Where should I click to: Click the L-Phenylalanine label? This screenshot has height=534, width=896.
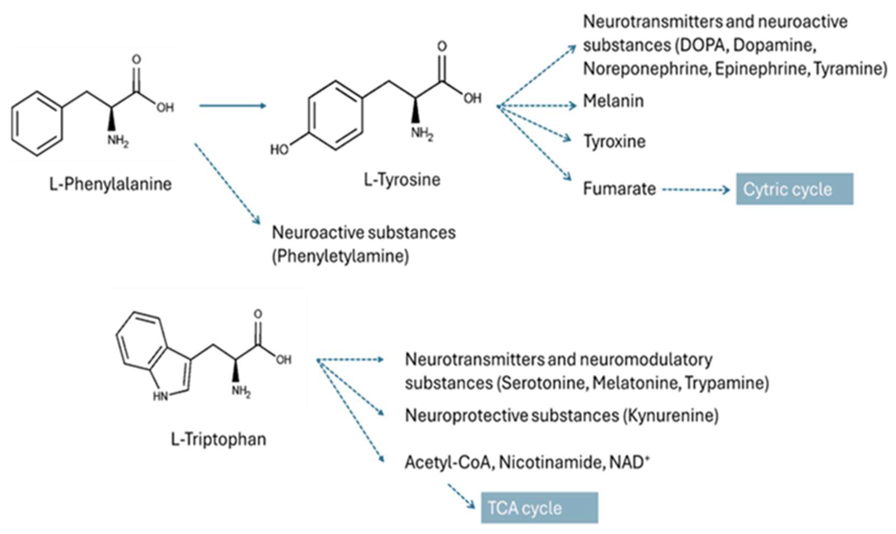[111, 184]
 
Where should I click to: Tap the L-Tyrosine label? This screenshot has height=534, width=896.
[402, 180]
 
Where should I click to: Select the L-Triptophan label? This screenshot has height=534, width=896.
[218, 439]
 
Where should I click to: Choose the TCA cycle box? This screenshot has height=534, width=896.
[539, 508]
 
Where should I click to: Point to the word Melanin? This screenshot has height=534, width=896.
[613, 101]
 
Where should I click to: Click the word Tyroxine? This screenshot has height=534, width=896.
[614, 141]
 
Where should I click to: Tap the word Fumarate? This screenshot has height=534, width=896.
[619, 189]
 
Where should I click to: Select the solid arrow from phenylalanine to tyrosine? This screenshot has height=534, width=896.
[232, 105]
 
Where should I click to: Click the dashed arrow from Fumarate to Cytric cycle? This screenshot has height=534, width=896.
[695, 190]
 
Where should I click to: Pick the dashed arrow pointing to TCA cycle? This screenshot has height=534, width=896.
[461, 496]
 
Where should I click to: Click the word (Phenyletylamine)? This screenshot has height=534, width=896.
[340, 257]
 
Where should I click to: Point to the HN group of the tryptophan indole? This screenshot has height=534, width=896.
[161, 396]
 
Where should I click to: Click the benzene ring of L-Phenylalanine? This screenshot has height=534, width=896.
[37, 124]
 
